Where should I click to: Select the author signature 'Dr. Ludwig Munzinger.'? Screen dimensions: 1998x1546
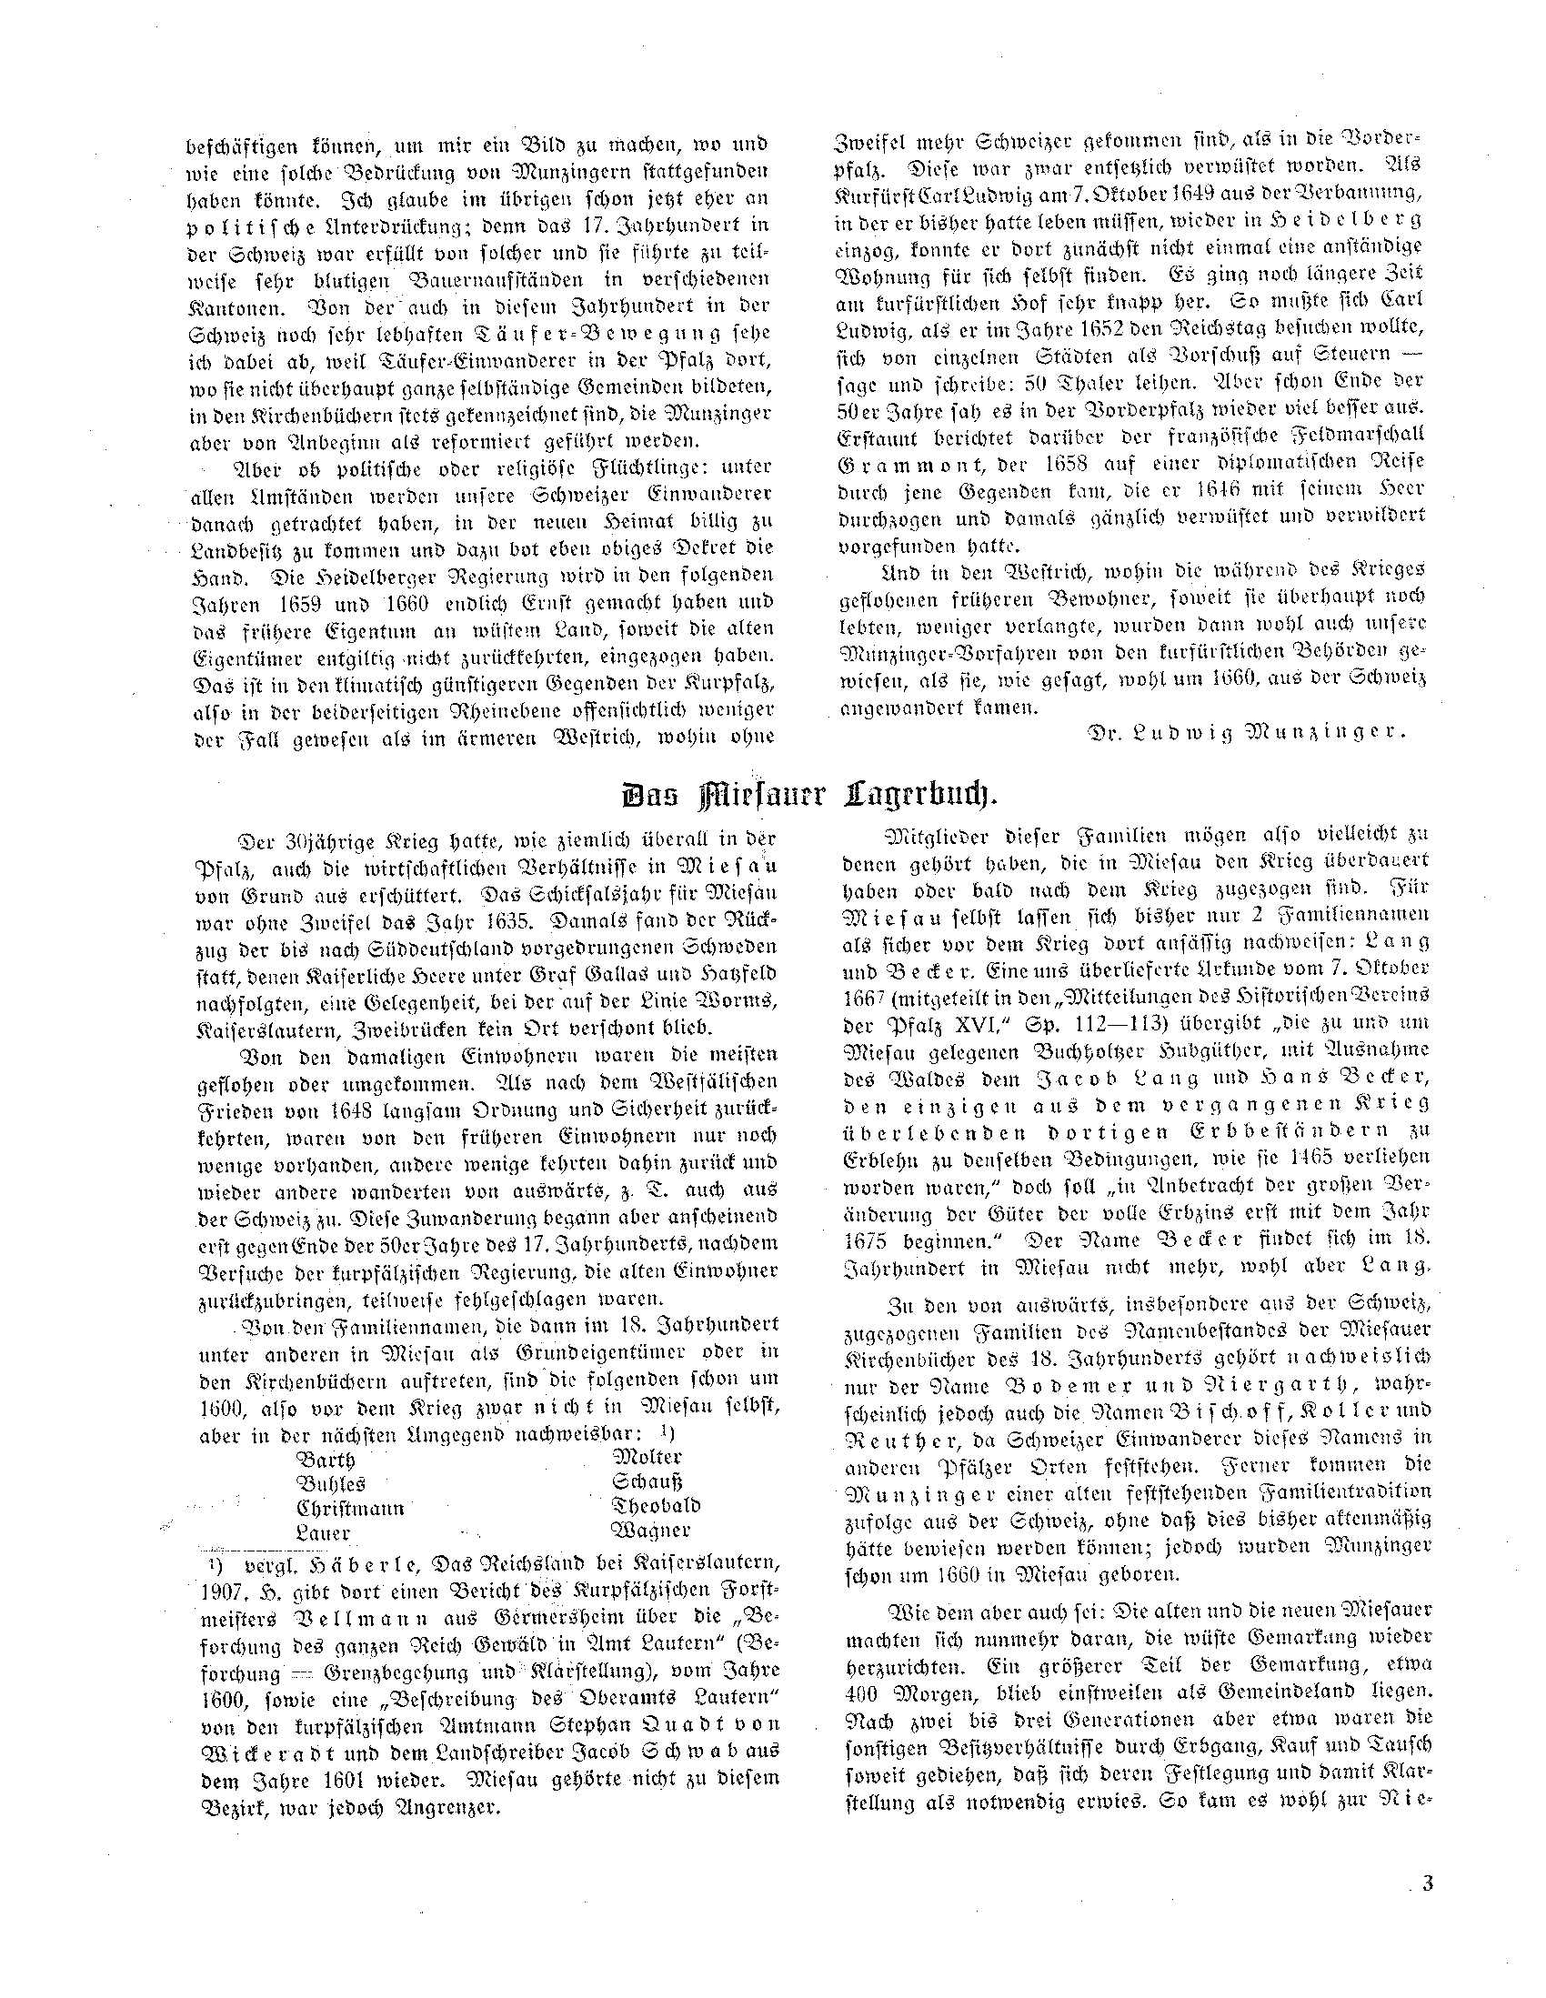1246,732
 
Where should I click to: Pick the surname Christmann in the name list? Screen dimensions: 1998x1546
350,1509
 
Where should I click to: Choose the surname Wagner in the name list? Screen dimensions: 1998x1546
650,1530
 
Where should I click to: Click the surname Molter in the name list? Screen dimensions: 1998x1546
648,1458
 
